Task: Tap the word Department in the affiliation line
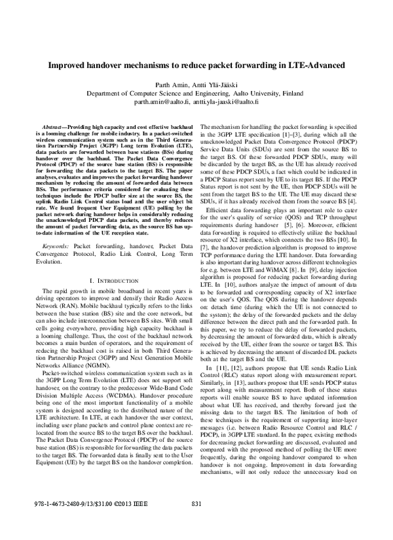[107, 94]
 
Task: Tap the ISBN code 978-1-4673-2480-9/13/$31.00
[66, 522]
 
